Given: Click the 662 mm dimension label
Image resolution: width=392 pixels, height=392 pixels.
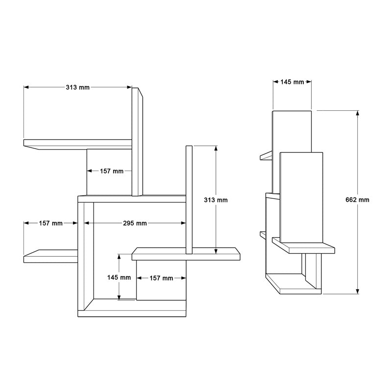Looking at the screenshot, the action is pos(357,200).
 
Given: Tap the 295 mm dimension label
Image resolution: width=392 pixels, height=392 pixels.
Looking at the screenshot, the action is pos(135,223).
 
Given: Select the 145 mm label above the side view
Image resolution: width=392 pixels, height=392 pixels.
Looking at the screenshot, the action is pos(292,82).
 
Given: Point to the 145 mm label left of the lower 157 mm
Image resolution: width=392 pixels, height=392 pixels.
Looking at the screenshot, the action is pos(119,277).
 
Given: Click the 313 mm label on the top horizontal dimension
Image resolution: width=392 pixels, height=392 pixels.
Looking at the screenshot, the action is pos(77,87).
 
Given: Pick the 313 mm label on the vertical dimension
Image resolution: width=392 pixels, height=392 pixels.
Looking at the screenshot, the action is pos(216,200).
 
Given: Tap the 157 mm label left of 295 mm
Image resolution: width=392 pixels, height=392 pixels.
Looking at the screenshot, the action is pos(50,223).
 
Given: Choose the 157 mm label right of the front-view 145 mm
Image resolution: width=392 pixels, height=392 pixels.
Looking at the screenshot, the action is pos(161,278).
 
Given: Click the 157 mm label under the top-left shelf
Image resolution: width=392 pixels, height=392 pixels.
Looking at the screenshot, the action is pos(112,171).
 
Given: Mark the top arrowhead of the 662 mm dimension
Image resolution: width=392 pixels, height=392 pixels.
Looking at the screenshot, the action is pos(358,113).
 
